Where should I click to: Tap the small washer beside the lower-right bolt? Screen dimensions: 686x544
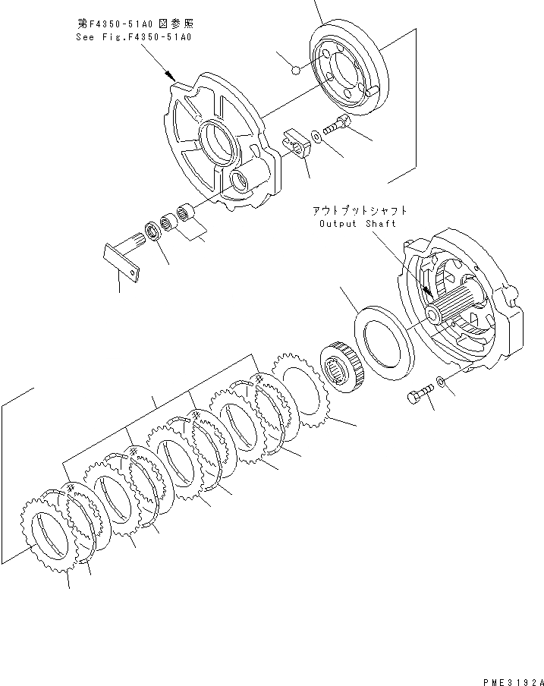(442, 382)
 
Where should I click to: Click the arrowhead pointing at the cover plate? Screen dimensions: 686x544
(172, 77)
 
